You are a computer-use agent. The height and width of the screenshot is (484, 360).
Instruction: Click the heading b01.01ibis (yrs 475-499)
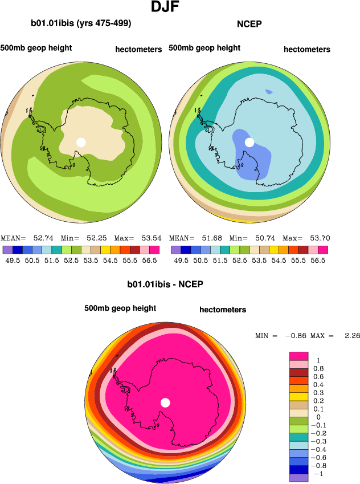pyautogui.click(x=81, y=23)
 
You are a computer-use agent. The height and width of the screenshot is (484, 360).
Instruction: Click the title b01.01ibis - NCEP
pyautogui.click(x=165, y=284)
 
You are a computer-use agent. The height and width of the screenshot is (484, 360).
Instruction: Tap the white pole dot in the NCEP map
pyautogui.click(x=249, y=142)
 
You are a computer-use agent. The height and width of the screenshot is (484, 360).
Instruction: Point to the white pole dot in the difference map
pyautogui.click(x=165, y=402)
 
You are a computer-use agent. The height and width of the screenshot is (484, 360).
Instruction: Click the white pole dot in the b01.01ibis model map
pyautogui.click(x=81, y=142)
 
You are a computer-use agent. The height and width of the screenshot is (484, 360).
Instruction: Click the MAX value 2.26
pyautogui.click(x=352, y=336)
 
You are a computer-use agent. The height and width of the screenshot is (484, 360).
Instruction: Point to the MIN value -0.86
pyautogui.click(x=303, y=336)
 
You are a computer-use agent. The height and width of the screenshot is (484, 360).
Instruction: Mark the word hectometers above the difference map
pyautogui.click(x=223, y=310)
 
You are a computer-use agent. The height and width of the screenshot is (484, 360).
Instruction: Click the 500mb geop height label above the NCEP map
pyautogui.click(x=204, y=48)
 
